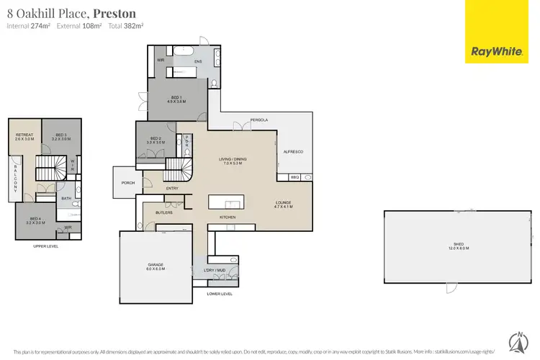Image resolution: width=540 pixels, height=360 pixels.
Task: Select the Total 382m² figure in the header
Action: coord(130,26)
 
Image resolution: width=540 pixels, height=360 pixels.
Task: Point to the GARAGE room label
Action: coord(156,266)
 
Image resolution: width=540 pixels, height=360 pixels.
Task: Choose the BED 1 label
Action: coord(177,99)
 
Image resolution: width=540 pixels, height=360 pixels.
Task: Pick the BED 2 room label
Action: coord(156,140)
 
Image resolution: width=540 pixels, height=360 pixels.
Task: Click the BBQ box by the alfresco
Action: coord(294,177)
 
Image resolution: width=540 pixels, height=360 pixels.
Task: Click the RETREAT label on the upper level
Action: coord(24,135)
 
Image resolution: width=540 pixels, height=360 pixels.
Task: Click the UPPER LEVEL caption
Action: coord(45,246)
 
